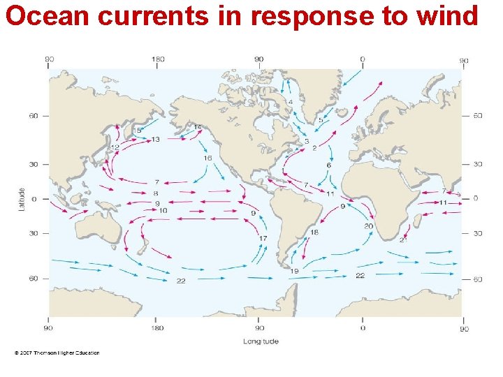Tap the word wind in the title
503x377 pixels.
click(449, 15)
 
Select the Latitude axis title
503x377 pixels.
click(22, 198)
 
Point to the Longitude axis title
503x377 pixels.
click(261, 341)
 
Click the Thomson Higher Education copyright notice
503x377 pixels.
click(57, 353)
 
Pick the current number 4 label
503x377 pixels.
click(291, 102)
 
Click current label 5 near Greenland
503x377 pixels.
click(321, 120)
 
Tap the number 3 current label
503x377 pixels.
click(306, 141)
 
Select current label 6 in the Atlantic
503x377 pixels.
click(328, 165)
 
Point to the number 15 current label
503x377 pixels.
click(137, 131)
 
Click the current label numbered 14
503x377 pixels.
click(197, 127)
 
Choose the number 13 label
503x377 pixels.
click(156, 140)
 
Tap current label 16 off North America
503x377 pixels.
click(207, 158)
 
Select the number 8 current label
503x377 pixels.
click(156, 193)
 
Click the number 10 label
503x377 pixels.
click(163, 210)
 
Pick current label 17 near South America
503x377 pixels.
click(263, 239)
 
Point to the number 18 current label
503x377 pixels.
click(314, 232)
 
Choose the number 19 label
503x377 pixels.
click(295, 271)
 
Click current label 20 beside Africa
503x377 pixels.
click(368, 226)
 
